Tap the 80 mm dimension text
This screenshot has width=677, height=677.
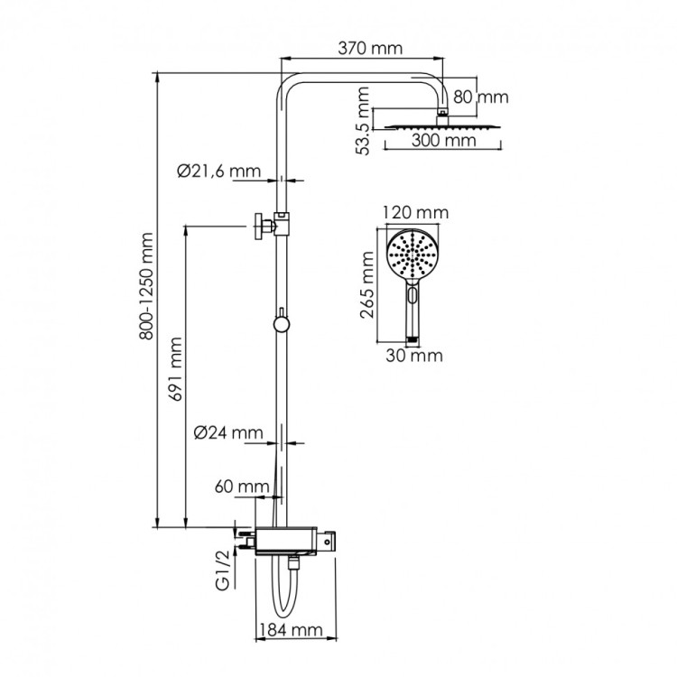(x=481, y=97)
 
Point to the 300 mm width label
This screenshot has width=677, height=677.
(x=444, y=142)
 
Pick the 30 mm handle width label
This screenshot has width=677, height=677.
(x=415, y=356)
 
